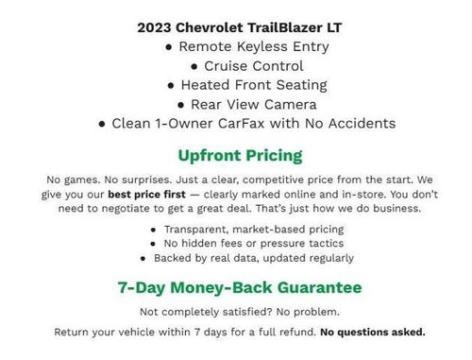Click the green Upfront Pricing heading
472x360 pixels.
point(240,154)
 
